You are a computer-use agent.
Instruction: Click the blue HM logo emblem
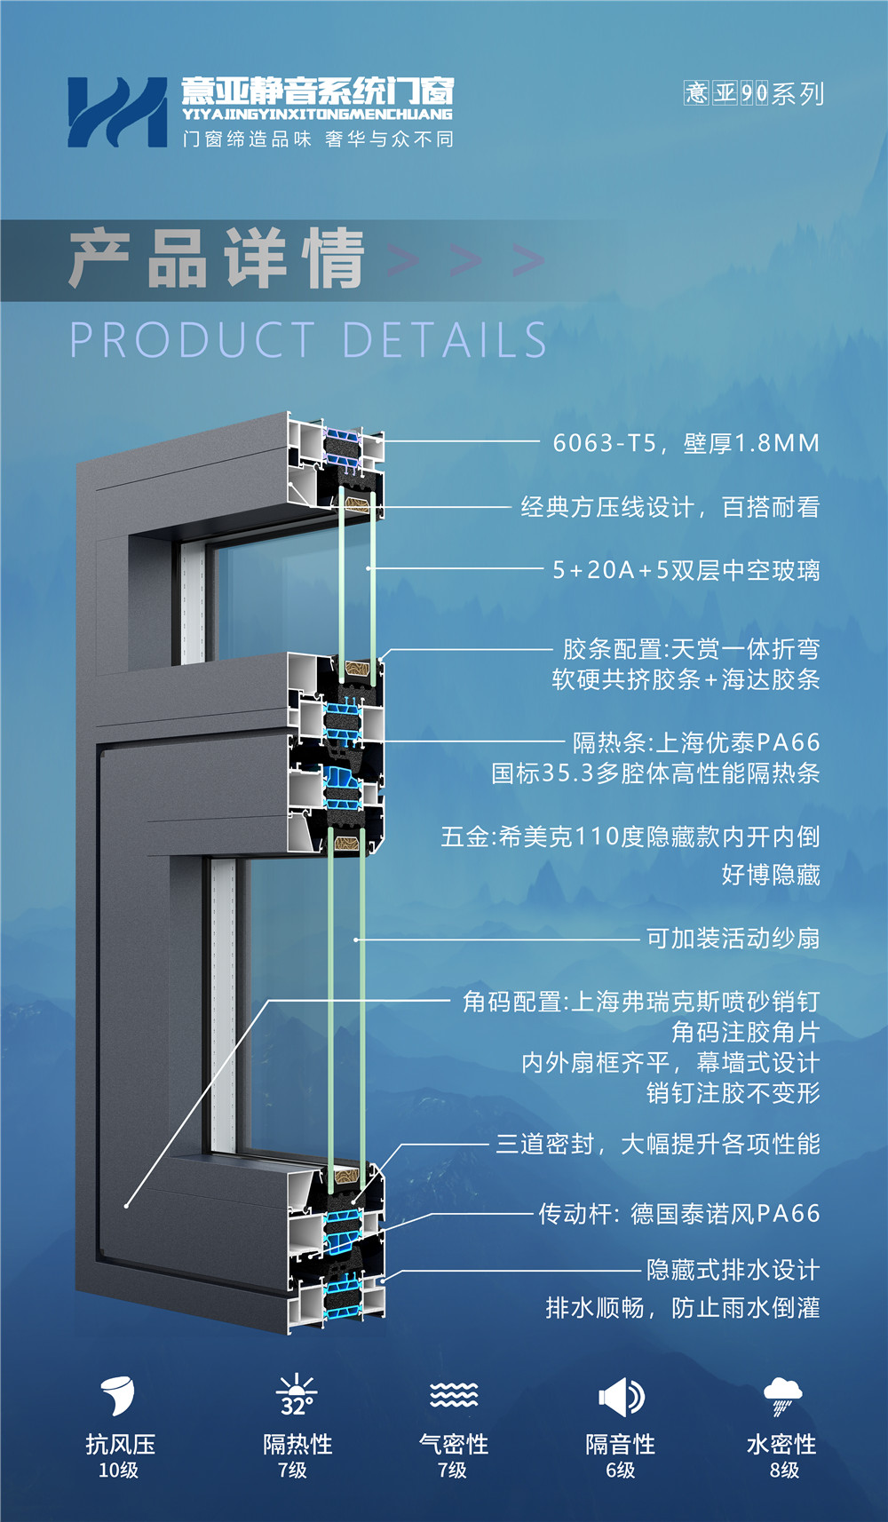(x=116, y=112)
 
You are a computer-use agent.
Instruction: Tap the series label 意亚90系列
(x=754, y=93)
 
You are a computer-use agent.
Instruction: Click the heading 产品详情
(x=217, y=258)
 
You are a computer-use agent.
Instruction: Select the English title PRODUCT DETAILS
(x=307, y=340)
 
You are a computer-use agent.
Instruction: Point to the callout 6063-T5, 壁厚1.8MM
(x=686, y=442)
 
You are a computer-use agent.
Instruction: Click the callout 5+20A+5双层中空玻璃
(x=686, y=570)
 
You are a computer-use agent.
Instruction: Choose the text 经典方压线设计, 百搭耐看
(x=670, y=507)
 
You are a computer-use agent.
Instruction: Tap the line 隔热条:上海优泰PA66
(x=696, y=742)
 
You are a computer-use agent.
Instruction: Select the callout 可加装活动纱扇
(x=733, y=939)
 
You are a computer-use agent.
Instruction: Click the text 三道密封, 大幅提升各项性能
(x=658, y=1144)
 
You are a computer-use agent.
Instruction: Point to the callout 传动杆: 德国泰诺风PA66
(x=679, y=1214)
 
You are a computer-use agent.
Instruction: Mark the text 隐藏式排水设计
(x=733, y=1270)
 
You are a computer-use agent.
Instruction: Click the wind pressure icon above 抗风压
(x=117, y=1395)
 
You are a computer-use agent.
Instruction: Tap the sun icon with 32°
(x=297, y=1396)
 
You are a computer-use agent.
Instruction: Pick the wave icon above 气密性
(x=454, y=1395)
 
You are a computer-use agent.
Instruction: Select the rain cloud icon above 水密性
(x=782, y=1396)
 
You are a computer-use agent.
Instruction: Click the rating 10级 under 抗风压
(x=118, y=1470)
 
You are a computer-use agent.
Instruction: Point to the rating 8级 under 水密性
(x=784, y=1470)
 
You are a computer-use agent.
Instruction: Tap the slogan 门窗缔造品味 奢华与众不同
(x=318, y=139)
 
